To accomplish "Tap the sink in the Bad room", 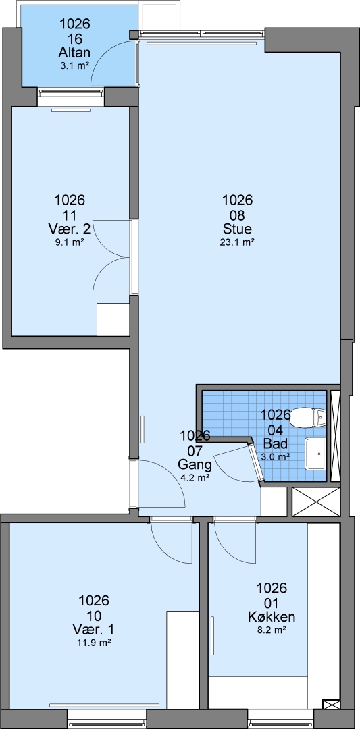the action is click(x=316, y=454).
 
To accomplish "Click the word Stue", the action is click(x=237, y=229).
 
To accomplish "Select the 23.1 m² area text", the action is click(x=237, y=242).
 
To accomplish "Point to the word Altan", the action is click(x=74, y=53).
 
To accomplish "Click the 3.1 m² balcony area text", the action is click(x=74, y=65).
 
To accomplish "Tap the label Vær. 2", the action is click(x=70, y=229).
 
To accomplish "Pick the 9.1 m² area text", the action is click(x=70, y=242).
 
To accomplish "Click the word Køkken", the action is click(x=272, y=617).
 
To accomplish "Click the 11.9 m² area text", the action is click(x=94, y=643).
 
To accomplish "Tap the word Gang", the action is click(x=195, y=464).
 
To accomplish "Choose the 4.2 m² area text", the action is click(x=195, y=477).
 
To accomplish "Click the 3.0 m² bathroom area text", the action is click(x=276, y=456).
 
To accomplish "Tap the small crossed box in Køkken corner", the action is click(x=331, y=704).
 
